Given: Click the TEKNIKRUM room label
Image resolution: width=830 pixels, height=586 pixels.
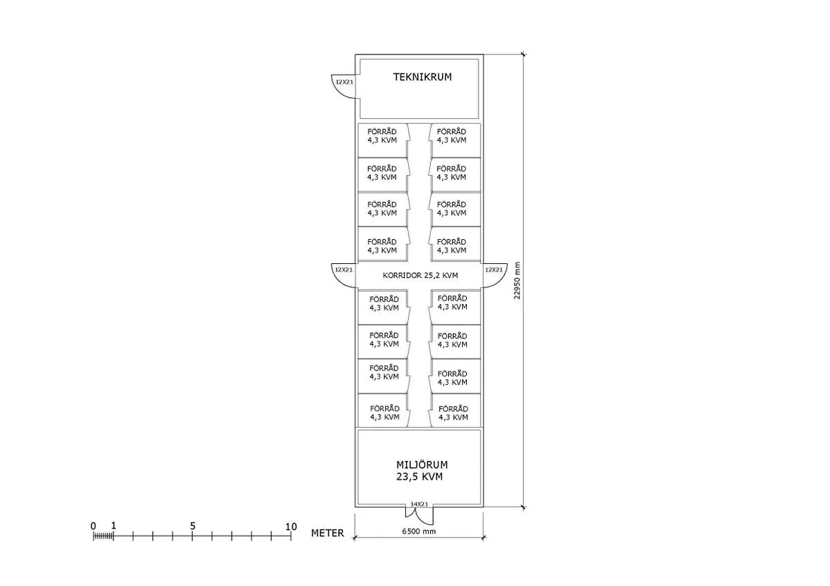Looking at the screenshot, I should (422, 77).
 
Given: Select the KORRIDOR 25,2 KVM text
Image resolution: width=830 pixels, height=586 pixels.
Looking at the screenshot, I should (420, 275).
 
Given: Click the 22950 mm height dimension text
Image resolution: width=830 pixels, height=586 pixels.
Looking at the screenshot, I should (517, 281).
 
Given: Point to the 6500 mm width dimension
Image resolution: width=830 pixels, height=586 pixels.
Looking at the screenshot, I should (419, 531).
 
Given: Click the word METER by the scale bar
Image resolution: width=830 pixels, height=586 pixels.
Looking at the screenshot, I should (327, 533).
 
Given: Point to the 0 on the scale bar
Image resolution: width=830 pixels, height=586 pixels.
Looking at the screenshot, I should (93, 526).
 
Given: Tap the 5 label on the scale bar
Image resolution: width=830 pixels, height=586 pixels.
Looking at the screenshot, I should (192, 526).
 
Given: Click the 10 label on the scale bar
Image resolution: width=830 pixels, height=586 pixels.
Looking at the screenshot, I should (291, 526).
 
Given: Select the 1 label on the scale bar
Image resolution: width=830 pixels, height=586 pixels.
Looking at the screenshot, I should (113, 526).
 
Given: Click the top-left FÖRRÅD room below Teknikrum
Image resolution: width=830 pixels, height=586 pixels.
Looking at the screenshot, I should (382, 136).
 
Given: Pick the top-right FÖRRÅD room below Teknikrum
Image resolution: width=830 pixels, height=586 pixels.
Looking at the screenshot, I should (452, 136).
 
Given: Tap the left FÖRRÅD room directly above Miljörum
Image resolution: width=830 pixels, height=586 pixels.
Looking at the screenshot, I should (384, 413).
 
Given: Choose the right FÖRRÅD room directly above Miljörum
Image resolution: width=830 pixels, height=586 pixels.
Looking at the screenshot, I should (453, 413).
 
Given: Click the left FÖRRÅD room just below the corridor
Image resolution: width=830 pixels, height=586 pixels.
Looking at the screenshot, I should (384, 303).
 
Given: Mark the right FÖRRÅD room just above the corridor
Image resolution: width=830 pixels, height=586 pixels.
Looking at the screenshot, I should (452, 245).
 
